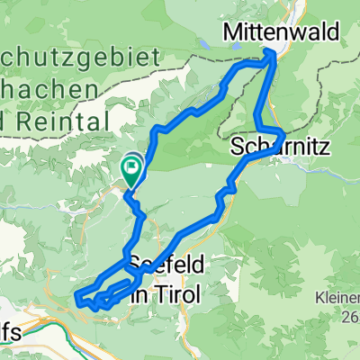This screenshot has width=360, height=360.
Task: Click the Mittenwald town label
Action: [x=282, y=33]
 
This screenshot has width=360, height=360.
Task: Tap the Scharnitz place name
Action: [x=271, y=144]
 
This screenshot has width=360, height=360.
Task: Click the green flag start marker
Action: [x=132, y=166]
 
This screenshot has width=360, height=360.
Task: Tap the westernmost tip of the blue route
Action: [x=76, y=299]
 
